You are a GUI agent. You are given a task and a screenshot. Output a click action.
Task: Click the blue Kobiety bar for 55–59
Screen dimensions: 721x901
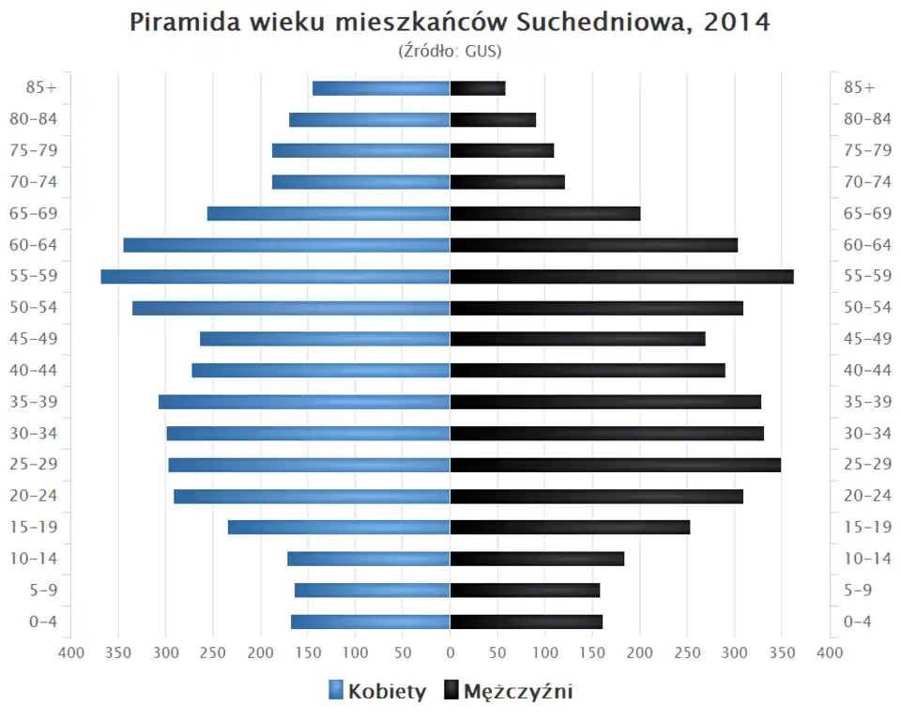coord(275,276)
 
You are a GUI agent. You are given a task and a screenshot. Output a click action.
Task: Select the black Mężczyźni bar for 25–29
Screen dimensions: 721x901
coord(615,465)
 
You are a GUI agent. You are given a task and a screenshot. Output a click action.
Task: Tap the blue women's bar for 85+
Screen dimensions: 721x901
coord(381,88)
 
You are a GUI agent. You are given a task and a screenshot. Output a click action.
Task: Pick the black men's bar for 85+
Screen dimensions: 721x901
coord(478,88)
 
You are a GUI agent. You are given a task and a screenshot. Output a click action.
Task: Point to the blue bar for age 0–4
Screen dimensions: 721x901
coord(370,621)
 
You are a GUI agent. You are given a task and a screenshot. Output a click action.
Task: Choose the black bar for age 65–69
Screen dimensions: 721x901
coord(545,213)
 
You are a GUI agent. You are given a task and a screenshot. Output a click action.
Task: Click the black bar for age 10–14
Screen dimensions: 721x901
coord(537,559)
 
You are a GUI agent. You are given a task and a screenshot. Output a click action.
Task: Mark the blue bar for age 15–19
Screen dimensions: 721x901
coord(339,528)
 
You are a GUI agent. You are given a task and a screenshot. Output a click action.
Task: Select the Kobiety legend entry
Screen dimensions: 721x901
coord(377,692)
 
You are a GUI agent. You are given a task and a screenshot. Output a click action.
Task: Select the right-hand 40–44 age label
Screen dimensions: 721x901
coord(867,370)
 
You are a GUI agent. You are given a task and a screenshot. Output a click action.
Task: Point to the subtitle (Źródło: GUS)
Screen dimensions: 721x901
coord(450,50)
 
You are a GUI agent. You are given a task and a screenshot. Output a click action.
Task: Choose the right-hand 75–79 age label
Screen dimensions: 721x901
coord(867,150)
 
